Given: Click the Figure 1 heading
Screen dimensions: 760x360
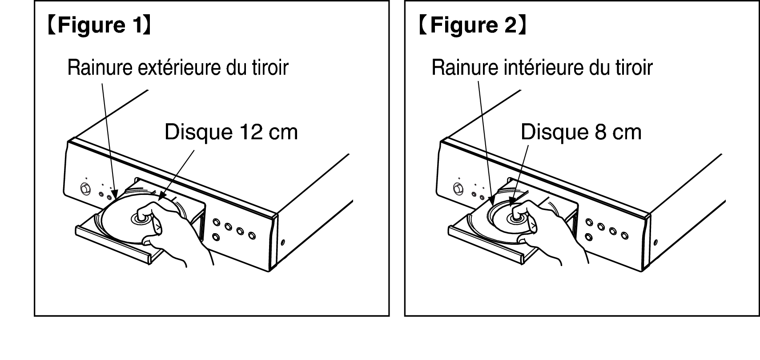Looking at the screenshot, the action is (x=100, y=25).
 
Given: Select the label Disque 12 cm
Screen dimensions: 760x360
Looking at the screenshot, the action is (x=231, y=132).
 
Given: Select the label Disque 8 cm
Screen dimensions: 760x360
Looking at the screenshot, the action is (x=581, y=132).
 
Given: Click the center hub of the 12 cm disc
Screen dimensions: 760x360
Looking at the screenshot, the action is (x=140, y=218).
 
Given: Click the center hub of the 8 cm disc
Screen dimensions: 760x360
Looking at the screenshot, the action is (x=516, y=218).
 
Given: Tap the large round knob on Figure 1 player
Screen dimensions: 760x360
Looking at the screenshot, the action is (x=85, y=189).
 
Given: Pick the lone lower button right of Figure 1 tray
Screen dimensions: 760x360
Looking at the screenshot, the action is (x=216, y=237).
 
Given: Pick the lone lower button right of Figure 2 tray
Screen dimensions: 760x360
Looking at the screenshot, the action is (x=589, y=237).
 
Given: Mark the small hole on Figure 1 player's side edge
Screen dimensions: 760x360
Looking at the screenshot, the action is (x=283, y=243).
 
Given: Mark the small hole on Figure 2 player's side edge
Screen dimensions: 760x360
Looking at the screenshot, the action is (x=655, y=243).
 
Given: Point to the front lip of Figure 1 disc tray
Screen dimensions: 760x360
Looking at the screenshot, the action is (x=114, y=245).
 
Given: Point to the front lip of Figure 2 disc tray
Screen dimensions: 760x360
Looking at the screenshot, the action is (x=487, y=245).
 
